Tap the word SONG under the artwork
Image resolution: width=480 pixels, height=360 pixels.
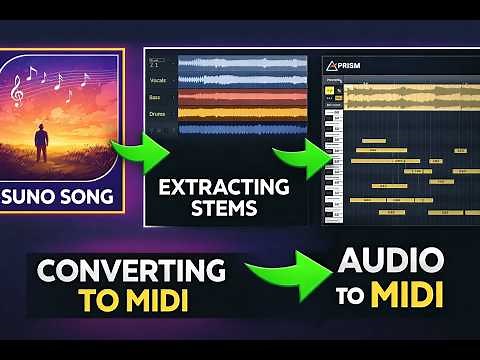point(94,192)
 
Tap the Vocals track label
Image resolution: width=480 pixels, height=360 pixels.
point(159,78)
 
